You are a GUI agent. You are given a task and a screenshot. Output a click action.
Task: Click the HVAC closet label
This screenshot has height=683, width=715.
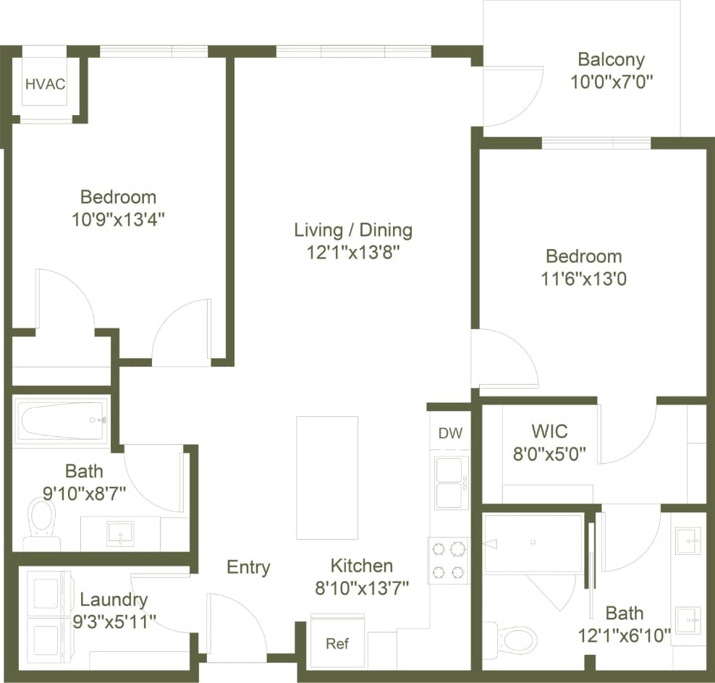(x=45, y=84)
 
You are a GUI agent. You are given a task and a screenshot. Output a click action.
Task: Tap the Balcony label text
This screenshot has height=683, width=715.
(x=611, y=59)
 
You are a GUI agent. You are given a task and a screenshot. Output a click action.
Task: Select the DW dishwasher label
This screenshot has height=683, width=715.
(x=450, y=433)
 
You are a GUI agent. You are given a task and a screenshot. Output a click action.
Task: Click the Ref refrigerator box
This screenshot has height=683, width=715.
(x=337, y=643)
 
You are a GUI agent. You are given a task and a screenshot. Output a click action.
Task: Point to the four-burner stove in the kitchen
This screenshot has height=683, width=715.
(x=448, y=561)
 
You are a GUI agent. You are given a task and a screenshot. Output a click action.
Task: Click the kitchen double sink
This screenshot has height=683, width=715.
(x=451, y=483)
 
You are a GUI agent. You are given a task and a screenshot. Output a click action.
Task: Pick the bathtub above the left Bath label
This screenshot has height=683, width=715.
(x=61, y=420)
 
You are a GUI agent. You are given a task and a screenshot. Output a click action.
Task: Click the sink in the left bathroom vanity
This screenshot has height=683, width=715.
(x=119, y=534)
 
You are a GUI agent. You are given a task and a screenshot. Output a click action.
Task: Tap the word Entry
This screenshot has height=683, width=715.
(x=248, y=567)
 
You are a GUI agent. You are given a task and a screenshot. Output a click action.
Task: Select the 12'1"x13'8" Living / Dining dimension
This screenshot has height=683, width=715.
(x=352, y=253)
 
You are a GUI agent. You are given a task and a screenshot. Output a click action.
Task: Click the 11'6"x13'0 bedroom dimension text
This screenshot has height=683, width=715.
(x=583, y=279)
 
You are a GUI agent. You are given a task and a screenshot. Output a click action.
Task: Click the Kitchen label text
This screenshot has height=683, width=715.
(x=362, y=566)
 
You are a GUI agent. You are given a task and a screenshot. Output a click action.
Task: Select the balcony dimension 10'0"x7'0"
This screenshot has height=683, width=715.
(x=611, y=81)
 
